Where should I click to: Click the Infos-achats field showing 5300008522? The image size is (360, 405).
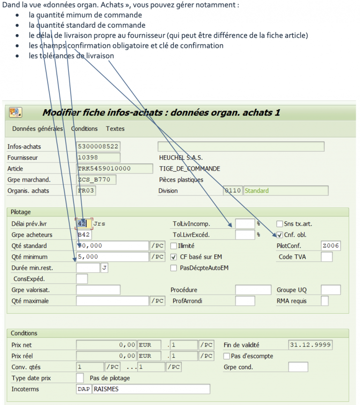point(97,147)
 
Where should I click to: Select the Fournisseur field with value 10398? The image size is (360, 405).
point(97,158)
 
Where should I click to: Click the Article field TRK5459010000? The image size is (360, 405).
point(114,169)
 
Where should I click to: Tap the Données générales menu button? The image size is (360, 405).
point(37,128)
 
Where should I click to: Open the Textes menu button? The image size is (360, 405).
point(115,128)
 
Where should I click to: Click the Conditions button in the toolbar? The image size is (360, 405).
point(84,128)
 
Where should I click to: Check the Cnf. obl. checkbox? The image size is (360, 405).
point(280,235)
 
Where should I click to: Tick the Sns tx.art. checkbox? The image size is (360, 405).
point(280,224)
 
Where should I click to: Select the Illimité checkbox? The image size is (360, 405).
point(174,246)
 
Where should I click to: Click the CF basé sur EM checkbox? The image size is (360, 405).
point(174,257)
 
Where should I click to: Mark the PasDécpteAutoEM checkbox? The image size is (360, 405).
point(174,268)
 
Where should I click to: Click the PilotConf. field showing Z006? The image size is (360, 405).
point(330,246)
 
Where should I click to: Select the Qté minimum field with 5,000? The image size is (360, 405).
point(112,257)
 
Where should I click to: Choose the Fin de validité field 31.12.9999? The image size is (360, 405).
point(310,345)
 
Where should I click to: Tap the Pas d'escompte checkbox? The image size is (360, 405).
point(227,356)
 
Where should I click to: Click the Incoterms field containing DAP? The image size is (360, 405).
point(83,389)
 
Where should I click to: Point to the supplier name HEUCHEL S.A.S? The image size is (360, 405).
point(181,158)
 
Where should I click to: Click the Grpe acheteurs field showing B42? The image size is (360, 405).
point(84,235)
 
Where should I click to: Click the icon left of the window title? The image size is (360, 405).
point(15,112)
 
